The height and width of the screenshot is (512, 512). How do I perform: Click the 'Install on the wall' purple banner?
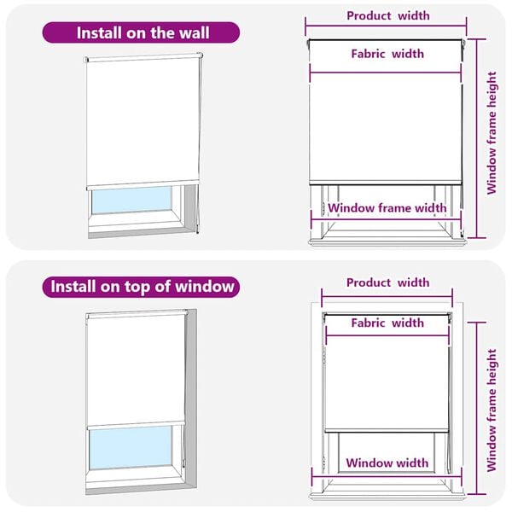[x=142, y=33]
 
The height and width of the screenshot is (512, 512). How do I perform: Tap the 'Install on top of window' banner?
[x=142, y=286]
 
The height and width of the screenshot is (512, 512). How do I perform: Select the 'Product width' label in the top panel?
[x=387, y=15]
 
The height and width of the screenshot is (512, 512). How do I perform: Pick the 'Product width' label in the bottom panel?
[x=387, y=282]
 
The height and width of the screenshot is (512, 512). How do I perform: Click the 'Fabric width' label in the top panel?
[x=387, y=54]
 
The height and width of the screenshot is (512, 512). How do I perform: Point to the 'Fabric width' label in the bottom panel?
[x=387, y=323]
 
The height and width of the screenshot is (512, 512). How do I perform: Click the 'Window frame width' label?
[x=387, y=207]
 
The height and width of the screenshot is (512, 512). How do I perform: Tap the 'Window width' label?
[x=387, y=463]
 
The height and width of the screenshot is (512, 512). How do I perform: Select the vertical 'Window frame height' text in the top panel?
[x=492, y=133]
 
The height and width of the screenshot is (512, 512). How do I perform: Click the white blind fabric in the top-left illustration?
[x=142, y=119]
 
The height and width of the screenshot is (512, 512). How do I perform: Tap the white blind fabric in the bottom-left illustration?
[x=136, y=367]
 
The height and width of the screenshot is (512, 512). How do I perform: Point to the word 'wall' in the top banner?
[x=193, y=33]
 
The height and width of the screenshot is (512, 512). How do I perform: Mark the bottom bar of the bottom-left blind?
[x=136, y=423]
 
